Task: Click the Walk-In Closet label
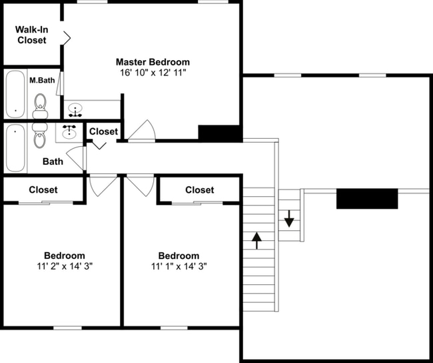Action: point(32,35)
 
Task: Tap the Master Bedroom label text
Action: point(153,62)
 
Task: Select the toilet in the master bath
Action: point(41,104)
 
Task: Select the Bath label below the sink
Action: point(53,161)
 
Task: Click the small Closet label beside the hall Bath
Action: point(103,131)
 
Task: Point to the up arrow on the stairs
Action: point(257,240)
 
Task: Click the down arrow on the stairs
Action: point(288,218)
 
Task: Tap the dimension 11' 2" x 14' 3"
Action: point(64,266)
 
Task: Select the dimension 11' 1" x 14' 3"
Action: point(179,266)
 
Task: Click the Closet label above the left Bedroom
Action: point(43,190)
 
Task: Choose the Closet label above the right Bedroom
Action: point(199,190)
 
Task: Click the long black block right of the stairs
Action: point(366,199)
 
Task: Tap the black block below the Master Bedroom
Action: point(219,133)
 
